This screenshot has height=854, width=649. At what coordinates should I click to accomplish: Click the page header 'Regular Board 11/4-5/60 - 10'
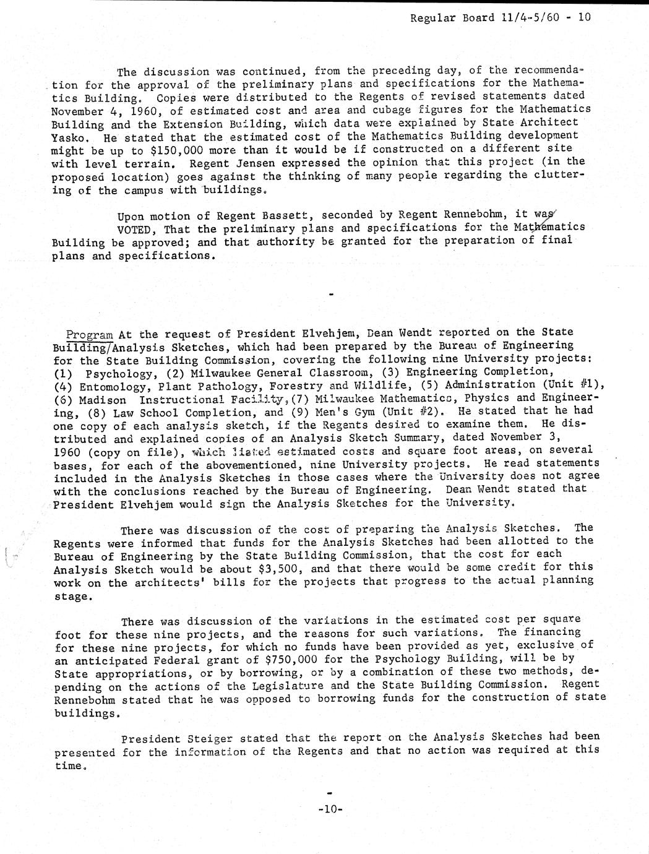(501, 17)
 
